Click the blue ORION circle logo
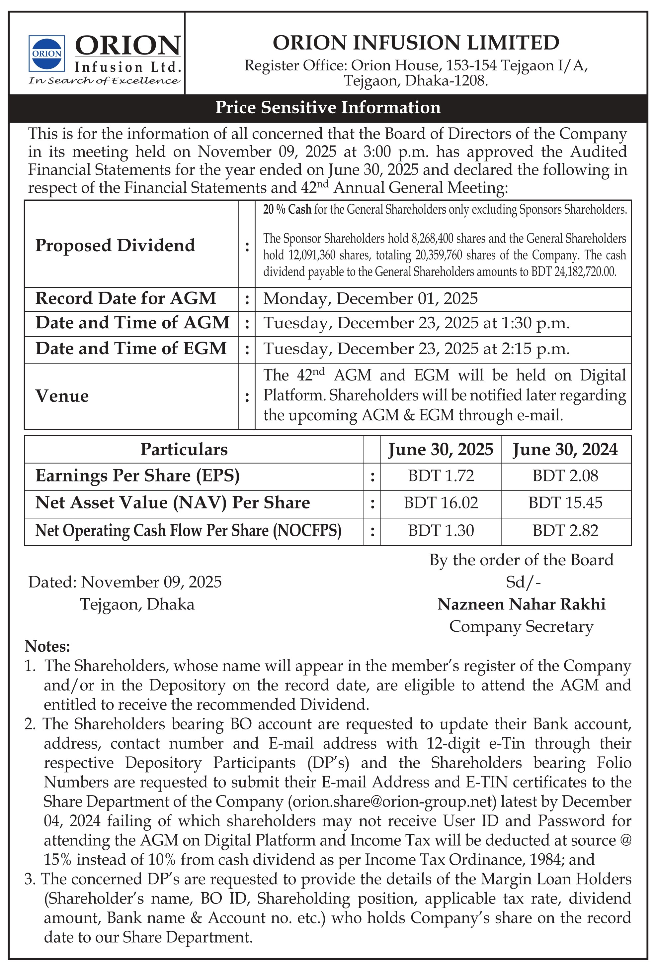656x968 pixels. pyautogui.click(x=46, y=53)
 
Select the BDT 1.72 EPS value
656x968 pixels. pyautogui.click(x=441, y=476)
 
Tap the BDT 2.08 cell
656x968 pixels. pyautogui.click(x=565, y=476)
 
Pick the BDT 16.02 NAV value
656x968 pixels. pyautogui.click(x=441, y=503)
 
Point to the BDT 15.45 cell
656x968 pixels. pyautogui.click(x=565, y=503)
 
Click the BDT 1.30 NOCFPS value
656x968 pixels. pyautogui.click(x=441, y=531)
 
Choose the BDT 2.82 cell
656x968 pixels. pyautogui.click(x=565, y=531)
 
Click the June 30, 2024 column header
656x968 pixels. pyautogui.click(x=565, y=449)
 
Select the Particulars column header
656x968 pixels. pyautogui.click(x=184, y=449)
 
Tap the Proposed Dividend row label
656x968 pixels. pyautogui.click(x=115, y=245)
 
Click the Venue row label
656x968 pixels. pyautogui.click(x=62, y=396)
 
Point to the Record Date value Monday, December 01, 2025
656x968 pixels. pyautogui.click(x=370, y=299)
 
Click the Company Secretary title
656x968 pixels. pyautogui.click(x=521, y=626)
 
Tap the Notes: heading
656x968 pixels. pyautogui.click(x=47, y=646)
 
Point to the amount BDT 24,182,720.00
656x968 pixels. pyautogui.click(x=574, y=272)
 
